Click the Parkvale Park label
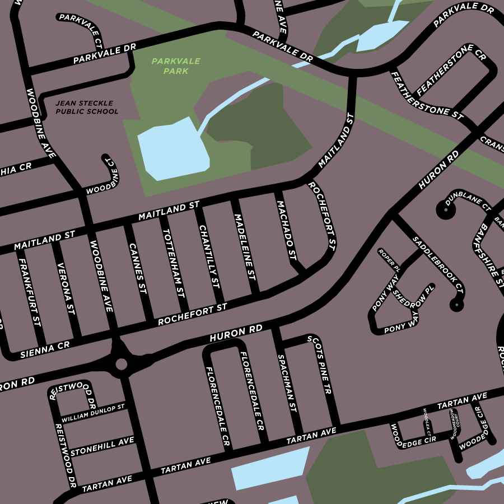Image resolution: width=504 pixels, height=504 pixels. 175,66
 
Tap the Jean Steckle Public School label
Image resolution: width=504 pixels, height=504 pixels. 87,107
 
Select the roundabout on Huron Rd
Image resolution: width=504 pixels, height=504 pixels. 121,365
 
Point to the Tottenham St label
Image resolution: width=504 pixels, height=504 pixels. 173,263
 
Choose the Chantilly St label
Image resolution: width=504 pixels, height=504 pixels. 208,256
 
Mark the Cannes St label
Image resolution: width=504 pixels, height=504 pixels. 137,269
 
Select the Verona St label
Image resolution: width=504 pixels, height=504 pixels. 66,287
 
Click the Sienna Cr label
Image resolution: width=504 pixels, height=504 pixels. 45,350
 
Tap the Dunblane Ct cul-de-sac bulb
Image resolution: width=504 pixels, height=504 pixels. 445,210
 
